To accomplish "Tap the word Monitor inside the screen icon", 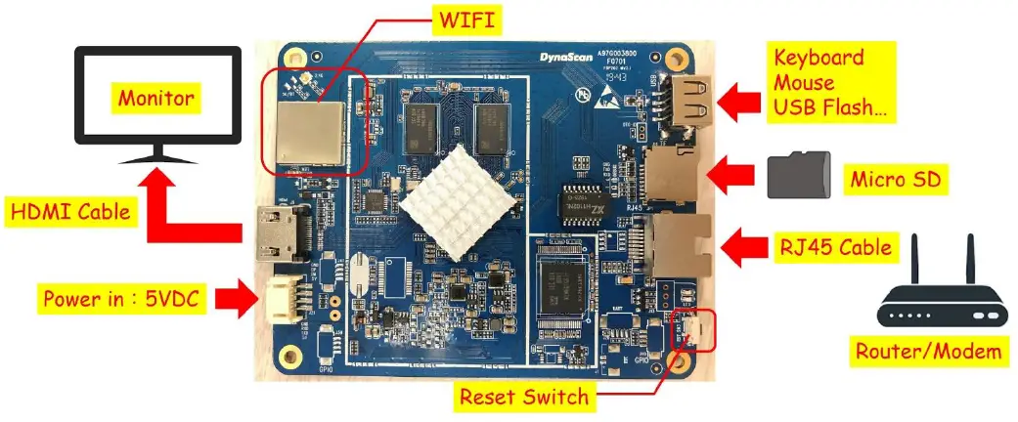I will click(x=156, y=98).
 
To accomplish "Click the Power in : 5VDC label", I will click(x=121, y=298).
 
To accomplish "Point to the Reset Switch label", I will click(x=525, y=396).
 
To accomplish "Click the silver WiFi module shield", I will click(x=309, y=132).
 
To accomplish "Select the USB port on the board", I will click(x=684, y=98).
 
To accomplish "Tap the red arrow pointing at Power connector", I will click(x=232, y=298).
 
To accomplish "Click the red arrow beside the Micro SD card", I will click(x=732, y=178).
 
